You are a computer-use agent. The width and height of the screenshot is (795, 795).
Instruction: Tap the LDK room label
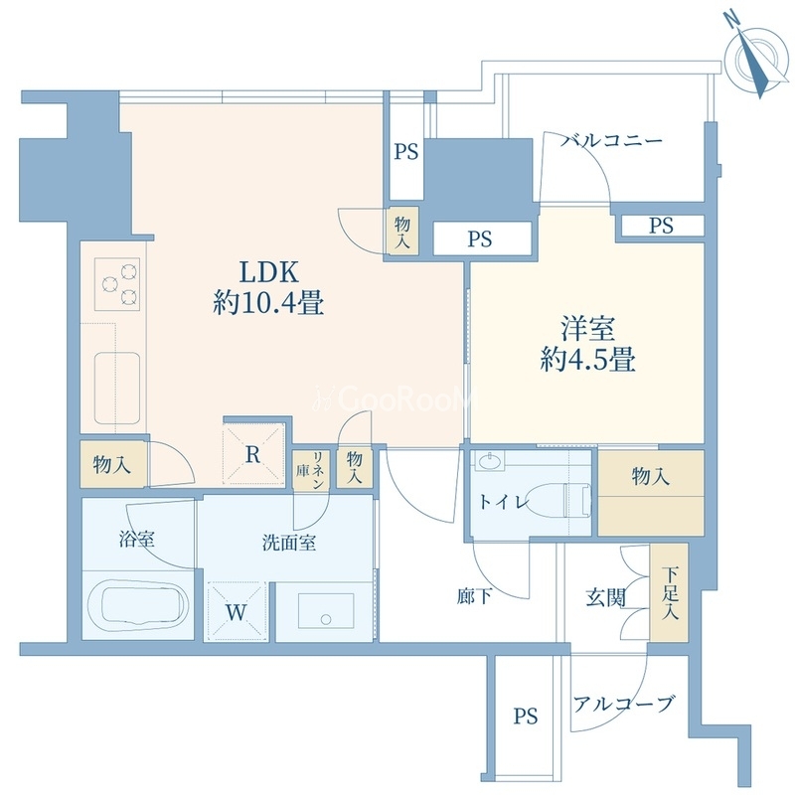[x=267, y=271]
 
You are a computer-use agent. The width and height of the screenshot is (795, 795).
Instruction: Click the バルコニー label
[x=610, y=141]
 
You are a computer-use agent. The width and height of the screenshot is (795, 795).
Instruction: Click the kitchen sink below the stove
[x=119, y=383]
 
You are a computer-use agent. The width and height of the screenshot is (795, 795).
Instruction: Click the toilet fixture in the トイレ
[x=564, y=493]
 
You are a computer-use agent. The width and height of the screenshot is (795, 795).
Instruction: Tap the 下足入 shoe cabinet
[x=673, y=593]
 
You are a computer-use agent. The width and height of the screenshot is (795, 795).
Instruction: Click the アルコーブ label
[x=623, y=705]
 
